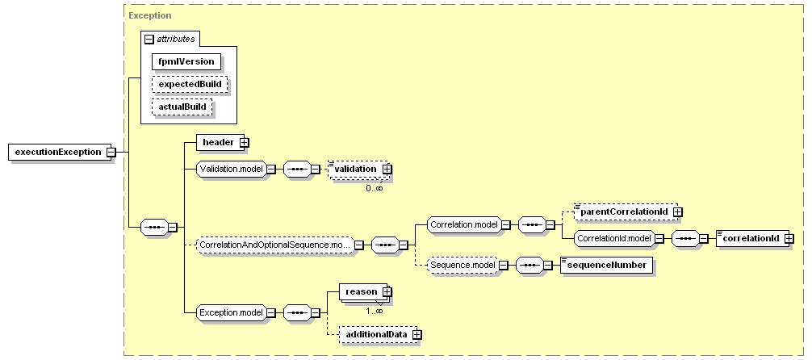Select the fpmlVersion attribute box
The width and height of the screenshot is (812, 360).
[x=186, y=61]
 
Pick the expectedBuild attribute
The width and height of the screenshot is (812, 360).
[x=190, y=85]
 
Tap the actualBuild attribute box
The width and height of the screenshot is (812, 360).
[x=182, y=107]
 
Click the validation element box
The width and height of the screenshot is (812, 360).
[x=358, y=169]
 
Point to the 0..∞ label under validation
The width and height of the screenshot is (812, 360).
[x=374, y=188]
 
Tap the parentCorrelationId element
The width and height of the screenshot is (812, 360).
[x=626, y=211]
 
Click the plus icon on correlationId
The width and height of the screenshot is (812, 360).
[x=789, y=239]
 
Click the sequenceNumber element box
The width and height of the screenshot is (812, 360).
[x=607, y=266]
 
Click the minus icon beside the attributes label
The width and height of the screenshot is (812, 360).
[x=149, y=40]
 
